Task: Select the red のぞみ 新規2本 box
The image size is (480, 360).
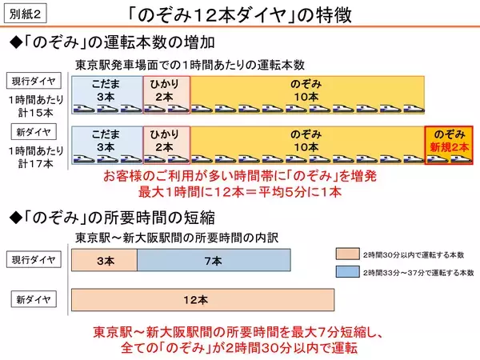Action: (x=448, y=144)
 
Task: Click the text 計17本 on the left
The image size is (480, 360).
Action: (x=34, y=163)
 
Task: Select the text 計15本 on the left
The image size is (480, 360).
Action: (x=34, y=113)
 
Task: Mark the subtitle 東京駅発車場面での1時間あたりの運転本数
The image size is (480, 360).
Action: (x=190, y=64)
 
